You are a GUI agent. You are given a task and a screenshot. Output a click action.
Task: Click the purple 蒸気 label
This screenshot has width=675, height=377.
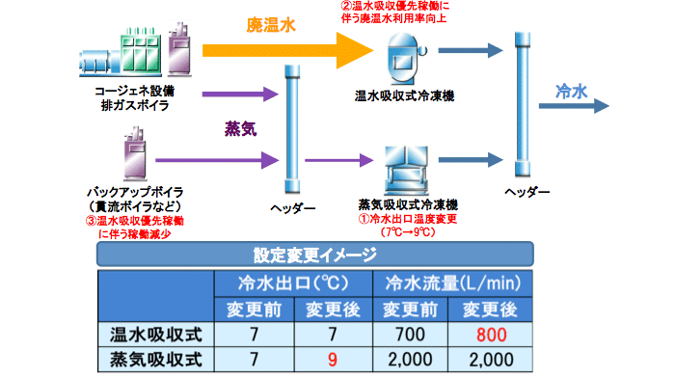point(239,128)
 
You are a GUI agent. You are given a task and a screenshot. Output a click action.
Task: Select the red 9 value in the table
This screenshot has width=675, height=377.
point(331,360)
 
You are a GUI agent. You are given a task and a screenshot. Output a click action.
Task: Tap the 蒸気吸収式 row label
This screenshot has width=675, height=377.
point(158,360)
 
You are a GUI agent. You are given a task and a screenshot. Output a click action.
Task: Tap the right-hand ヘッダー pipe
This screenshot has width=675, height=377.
point(525,106)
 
